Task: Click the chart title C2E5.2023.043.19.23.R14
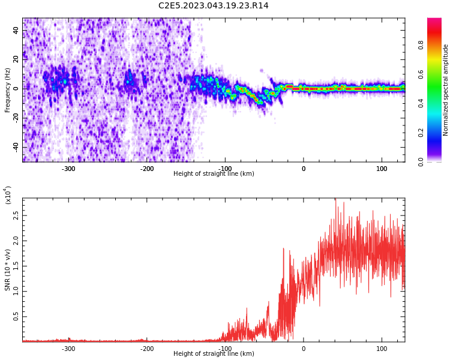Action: coord(213,6)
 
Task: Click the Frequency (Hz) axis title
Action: coord(8,90)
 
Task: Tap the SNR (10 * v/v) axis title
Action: coord(8,270)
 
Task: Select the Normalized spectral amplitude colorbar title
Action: coord(446,90)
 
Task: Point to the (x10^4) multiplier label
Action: coord(8,195)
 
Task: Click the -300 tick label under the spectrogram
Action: coord(68,169)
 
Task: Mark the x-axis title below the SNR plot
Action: coord(214,354)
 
